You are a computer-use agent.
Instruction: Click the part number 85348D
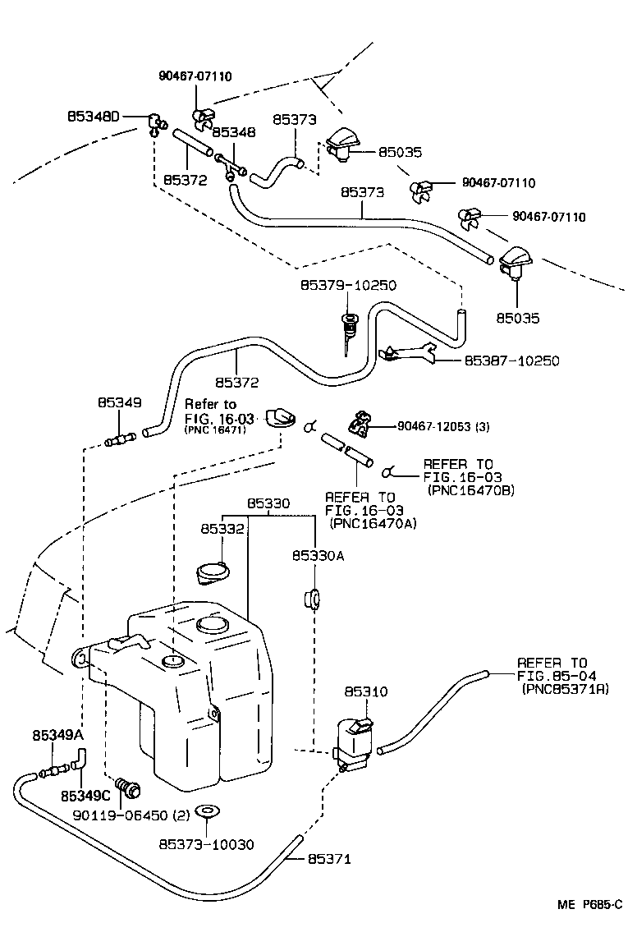click(x=94, y=117)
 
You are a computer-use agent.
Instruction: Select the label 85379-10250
click(x=348, y=286)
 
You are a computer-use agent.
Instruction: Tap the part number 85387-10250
click(x=512, y=360)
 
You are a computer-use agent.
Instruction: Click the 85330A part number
click(x=317, y=556)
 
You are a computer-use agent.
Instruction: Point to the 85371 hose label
click(x=329, y=859)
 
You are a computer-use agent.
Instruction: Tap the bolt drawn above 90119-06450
click(x=128, y=788)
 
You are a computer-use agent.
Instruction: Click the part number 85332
click(x=222, y=530)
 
